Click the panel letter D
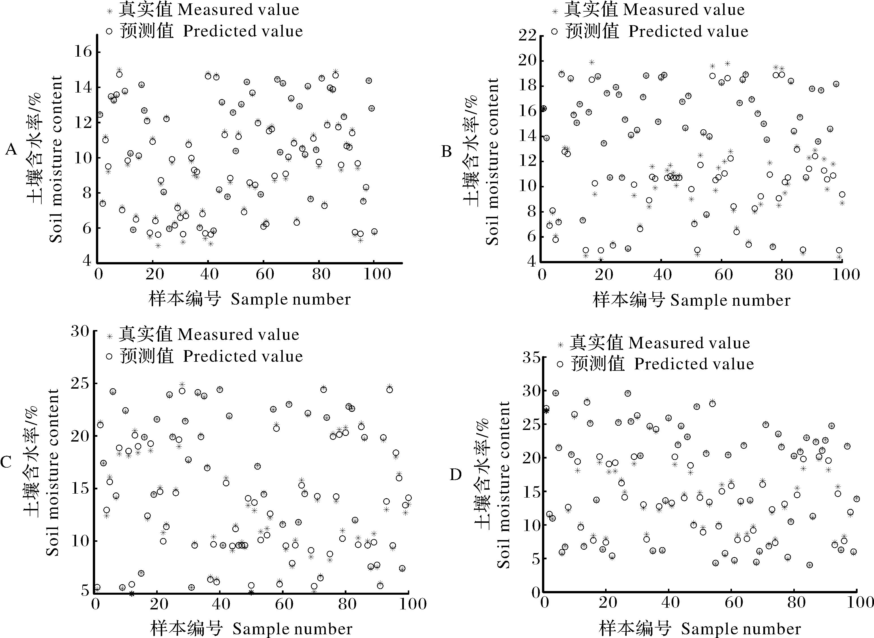(x=456, y=475)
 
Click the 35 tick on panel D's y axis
(x=532, y=357)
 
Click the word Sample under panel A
(x=254, y=299)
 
